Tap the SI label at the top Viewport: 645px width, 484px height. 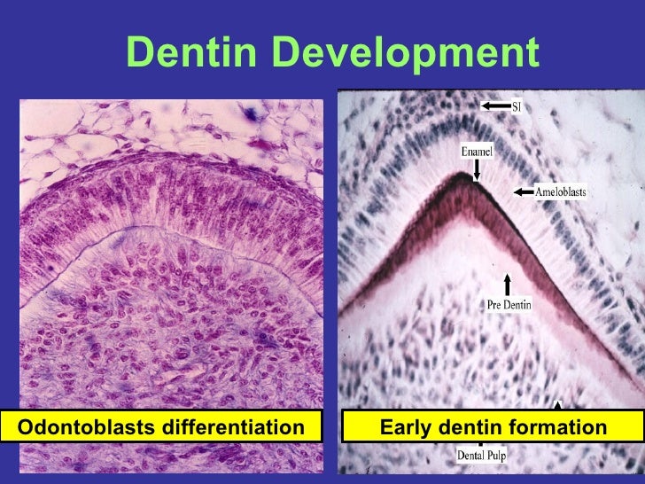pos(520,106)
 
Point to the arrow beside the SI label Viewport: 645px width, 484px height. pos(495,106)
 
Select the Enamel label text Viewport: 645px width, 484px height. pos(477,152)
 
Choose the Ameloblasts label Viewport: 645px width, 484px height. pos(560,191)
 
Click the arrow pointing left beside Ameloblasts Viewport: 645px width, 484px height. pos(524,191)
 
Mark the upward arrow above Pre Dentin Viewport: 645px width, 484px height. pos(508,284)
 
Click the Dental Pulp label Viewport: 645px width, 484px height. pos(481,456)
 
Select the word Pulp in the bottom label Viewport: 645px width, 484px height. pos(494,456)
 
